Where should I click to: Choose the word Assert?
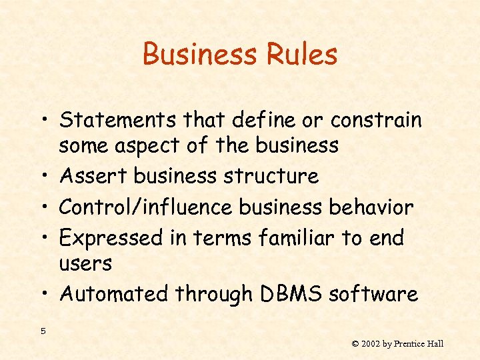[x=93, y=176]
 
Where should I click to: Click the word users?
[x=85, y=263]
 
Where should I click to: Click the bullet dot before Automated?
[x=43, y=295]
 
